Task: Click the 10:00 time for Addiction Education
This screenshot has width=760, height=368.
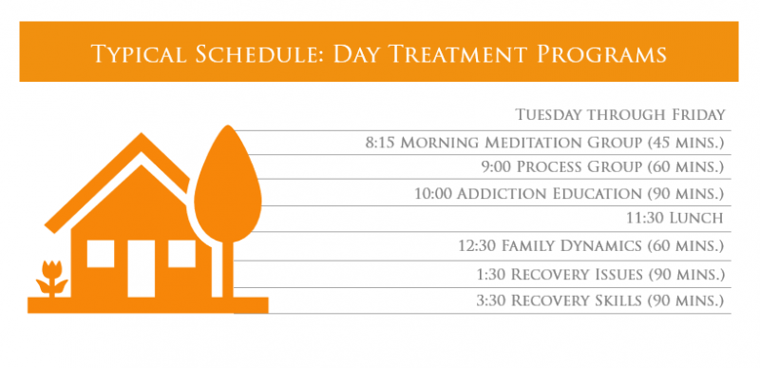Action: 434,194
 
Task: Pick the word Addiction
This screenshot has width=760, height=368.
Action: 496,194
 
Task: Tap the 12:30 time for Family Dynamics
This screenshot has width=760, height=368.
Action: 479,246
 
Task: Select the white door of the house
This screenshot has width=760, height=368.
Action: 141,267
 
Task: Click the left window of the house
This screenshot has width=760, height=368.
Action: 100,253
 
